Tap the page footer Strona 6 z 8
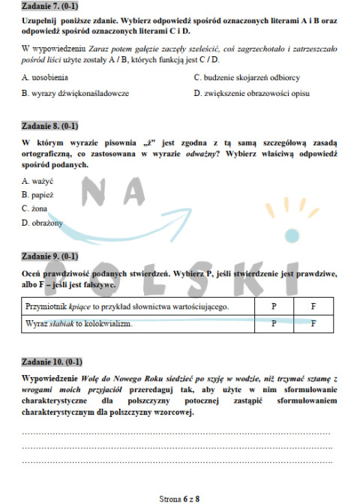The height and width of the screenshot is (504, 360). click(x=180, y=496)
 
